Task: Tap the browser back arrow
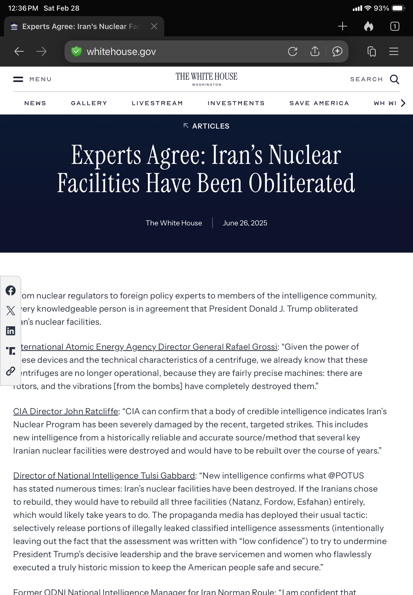click(x=19, y=51)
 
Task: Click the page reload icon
click(x=293, y=51)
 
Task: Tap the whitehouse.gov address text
click(x=121, y=52)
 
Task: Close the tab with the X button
click(x=154, y=26)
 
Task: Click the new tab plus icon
click(x=343, y=26)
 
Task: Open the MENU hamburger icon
click(x=18, y=79)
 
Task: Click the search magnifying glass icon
click(x=395, y=79)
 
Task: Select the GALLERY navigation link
click(x=89, y=103)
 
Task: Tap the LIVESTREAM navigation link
click(x=157, y=103)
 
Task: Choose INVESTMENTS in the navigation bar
click(x=236, y=103)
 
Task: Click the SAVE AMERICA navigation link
click(x=319, y=103)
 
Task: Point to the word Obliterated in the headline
click(x=302, y=183)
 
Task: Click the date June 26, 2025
click(x=245, y=223)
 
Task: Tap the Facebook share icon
click(x=11, y=290)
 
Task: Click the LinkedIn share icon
click(x=11, y=331)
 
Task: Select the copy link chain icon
click(x=11, y=371)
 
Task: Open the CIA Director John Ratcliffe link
click(x=66, y=411)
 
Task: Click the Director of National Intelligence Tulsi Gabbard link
click(x=104, y=476)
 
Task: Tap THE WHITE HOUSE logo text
click(x=206, y=77)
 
